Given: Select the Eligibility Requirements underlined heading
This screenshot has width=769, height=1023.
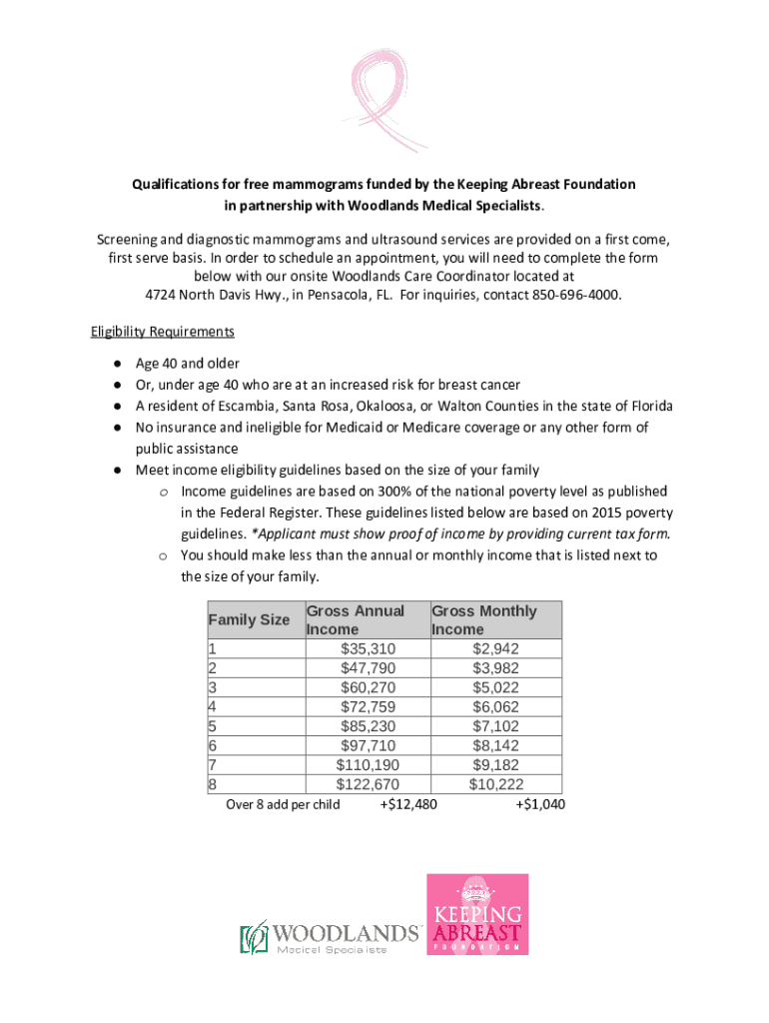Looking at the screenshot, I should pyautogui.click(x=162, y=331).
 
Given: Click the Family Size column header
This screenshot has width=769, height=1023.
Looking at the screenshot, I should pyautogui.click(x=249, y=619).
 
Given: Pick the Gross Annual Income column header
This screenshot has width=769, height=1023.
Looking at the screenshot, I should pyautogui.click(x=356, y=619).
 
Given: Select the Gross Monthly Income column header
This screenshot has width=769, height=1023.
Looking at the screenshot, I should pyautogui.click(x=484, y=619).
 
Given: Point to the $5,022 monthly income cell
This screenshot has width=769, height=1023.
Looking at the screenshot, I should pyautogui.click(x=495, y=687).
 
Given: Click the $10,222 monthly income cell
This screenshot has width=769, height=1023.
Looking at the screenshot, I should pyautogui.click(x=495, y=784).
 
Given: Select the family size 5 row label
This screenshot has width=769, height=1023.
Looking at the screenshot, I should pyautogui.click(x=213, y=726).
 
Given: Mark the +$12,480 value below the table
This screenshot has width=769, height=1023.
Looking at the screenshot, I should pyautogui.click(x=408, y=804).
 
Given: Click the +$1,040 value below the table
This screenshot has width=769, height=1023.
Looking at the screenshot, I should pyautogui.click(x=540, y=804).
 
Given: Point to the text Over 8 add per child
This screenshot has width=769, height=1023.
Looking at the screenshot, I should pyautogui.click(x=283, y=804).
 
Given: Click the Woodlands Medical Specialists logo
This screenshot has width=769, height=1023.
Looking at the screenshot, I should pyautogui.click(x=329, y=936).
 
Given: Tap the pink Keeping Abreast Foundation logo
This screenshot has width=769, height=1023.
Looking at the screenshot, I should pyautogui.click(x=477, y=914).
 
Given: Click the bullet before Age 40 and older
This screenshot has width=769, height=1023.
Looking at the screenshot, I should pyautogui.click(x=118, y=363).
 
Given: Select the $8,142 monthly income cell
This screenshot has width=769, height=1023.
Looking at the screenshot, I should pyautogui.click(x=495, y=745).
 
